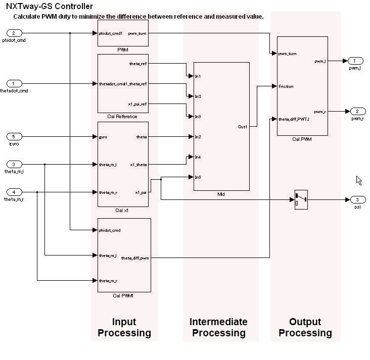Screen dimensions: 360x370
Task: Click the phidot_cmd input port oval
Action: point(14,33)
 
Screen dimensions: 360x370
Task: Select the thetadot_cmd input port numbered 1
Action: point(14,83)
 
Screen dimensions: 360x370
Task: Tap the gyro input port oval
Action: point(14,136)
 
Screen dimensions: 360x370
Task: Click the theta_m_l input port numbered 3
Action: point(14,164)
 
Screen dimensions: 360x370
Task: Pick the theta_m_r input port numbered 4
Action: point(14,192)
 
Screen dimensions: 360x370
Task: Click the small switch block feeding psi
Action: point(301,199)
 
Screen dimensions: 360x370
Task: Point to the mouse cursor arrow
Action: point(358,180)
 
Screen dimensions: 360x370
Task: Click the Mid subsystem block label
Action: point(221,194)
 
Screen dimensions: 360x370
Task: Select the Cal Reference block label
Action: point(122,117)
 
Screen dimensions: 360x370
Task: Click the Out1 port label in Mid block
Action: point(243,127)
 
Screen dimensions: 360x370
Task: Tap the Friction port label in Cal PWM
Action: point(286,86)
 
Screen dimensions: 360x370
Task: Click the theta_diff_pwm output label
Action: point(135,258)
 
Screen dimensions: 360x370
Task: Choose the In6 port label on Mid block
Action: point(198,177)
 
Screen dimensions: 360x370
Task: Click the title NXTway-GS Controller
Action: point(50,7)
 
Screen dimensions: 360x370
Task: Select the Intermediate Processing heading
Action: point(218,327)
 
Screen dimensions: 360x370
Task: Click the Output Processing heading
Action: point(305,327)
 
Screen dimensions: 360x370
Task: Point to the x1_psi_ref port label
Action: point(137,104)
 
